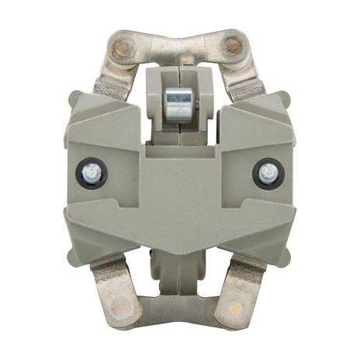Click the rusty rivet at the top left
tap(121, 48)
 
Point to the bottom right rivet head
tap(233, 312)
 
